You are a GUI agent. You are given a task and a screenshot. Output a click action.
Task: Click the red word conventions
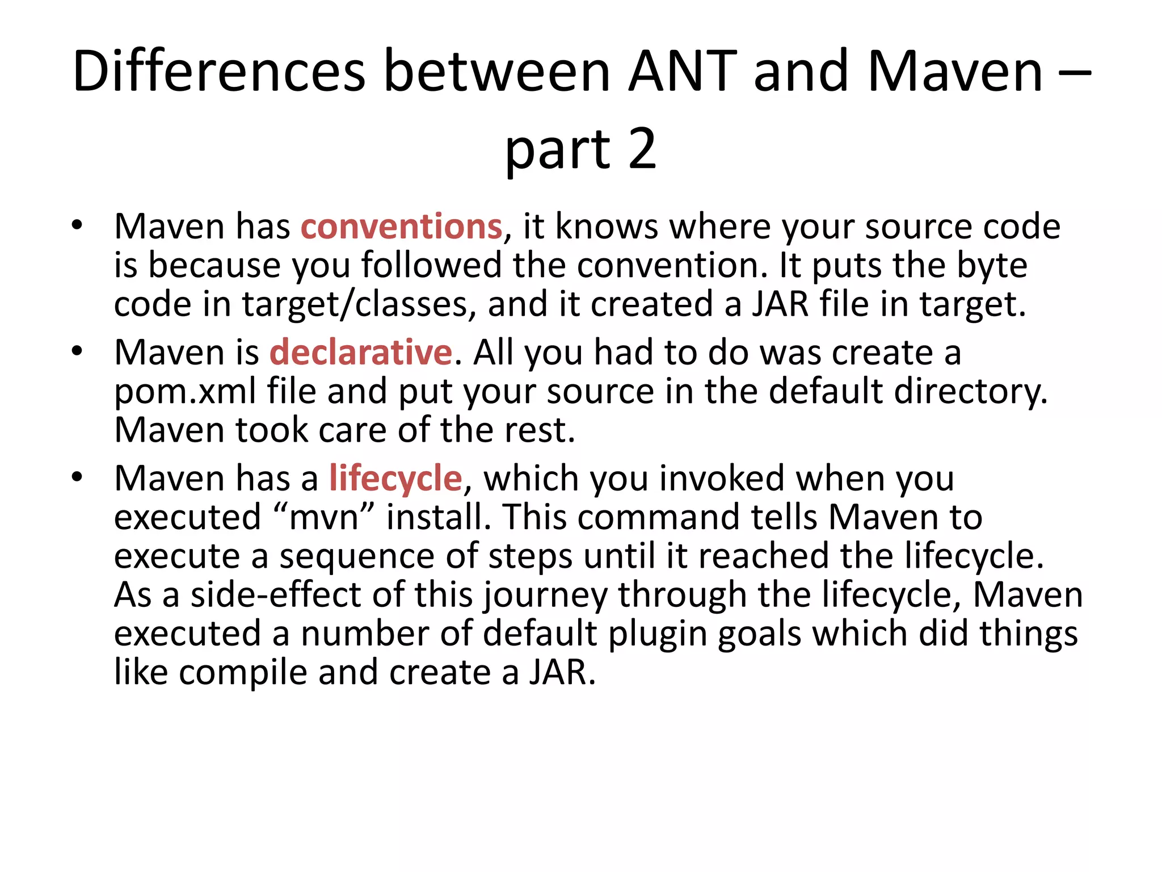pos(401,227)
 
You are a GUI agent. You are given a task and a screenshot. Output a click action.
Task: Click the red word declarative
pos(361,353)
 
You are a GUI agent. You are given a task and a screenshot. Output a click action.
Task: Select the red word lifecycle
pos(395,478)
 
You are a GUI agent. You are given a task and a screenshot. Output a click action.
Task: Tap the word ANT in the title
pos(683,72)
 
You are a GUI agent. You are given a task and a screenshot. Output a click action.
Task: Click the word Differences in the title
pos(219,72)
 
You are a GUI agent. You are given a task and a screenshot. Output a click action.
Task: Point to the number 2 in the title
pos(642,149)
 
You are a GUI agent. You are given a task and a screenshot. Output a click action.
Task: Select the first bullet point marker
pos(77,225)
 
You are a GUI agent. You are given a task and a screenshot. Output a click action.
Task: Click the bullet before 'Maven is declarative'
pos(77,351)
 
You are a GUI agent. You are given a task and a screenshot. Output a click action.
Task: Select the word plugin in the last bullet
pos(658,635)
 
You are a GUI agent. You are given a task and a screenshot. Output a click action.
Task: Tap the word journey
pos(545,596)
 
